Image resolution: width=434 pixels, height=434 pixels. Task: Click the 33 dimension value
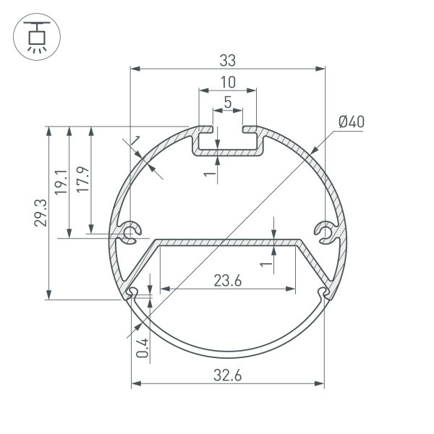228,59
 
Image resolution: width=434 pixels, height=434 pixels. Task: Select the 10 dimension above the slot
228,82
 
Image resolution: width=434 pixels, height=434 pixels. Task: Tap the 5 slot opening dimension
228,103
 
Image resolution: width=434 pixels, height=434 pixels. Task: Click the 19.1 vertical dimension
61,182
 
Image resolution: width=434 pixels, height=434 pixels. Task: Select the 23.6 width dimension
228,281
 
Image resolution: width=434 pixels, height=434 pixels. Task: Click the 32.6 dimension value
228,375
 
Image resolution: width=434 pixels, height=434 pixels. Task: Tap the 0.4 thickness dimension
142,349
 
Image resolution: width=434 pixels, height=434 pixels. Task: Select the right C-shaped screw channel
325,233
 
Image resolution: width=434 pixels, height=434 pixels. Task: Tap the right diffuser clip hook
323,293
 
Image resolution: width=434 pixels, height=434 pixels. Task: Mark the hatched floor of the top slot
228,154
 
